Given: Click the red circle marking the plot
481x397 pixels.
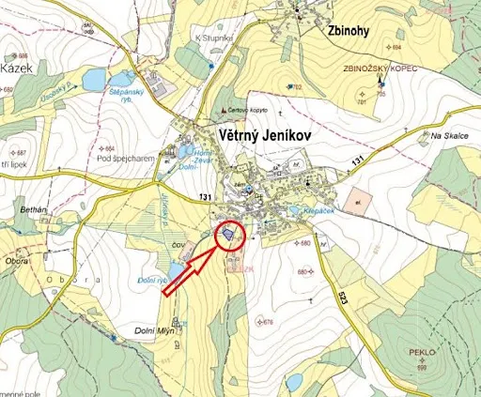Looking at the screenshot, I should (x=229, y=234).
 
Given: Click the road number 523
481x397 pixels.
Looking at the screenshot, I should (x=342, y=304).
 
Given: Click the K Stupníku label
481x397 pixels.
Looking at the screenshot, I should (x=211, y=38).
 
